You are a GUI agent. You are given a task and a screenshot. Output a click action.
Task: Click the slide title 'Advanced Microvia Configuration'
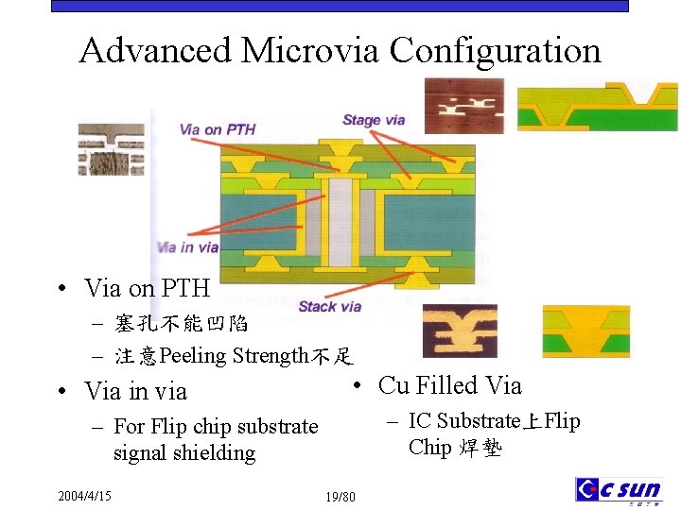pyautogui.click(x=340, y=49)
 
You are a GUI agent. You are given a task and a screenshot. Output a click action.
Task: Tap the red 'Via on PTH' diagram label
pyautogui.click(x=218, y=129)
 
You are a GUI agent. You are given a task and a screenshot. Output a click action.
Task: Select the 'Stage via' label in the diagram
pyautogui.click(x=374, y=120)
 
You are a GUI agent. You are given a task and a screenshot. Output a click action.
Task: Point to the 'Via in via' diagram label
pyautogui.click(x=187, y=247)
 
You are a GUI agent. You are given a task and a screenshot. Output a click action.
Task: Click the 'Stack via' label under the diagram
pyautogui.click(x=329, y=306)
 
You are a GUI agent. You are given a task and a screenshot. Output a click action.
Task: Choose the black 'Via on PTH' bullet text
pyautogui.click(x=147, y=287)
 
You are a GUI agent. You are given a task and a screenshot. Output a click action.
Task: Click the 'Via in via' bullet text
pyautogui.click(x=135, y=391)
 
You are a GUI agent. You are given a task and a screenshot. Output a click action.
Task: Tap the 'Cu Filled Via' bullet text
pyautogui.click(x=449, y=385)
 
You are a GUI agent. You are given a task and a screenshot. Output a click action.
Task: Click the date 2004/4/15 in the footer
pyautogui.click(x=84, y=496)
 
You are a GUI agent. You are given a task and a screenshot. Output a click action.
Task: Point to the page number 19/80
pyautogui.click(x=340, y=497)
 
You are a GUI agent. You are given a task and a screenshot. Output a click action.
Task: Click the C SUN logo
pyautogui.click(x=619, y=489)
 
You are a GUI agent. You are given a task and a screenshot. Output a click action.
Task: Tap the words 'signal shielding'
pyautogui.click(x=184, y=453)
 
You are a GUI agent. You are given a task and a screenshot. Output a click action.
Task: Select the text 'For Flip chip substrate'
pyautogui.click(x=216, y=427)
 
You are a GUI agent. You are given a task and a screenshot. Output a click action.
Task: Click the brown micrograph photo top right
pyautogui.click(x=463, y=106)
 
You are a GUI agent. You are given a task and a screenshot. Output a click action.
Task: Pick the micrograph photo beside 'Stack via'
pyautogui.click(x=460, y=330)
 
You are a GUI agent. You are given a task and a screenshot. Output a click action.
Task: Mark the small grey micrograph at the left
pyautogui.click(x=110, y=149)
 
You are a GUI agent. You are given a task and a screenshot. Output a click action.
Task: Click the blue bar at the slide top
pyautogui.click(x=340, y=6)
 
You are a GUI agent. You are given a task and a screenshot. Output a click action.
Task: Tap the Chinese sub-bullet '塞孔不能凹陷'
pyautogui.click(x=182, y=325)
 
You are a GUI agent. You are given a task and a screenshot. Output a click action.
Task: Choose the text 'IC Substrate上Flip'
pyautogui.click(x=495, y=421)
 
